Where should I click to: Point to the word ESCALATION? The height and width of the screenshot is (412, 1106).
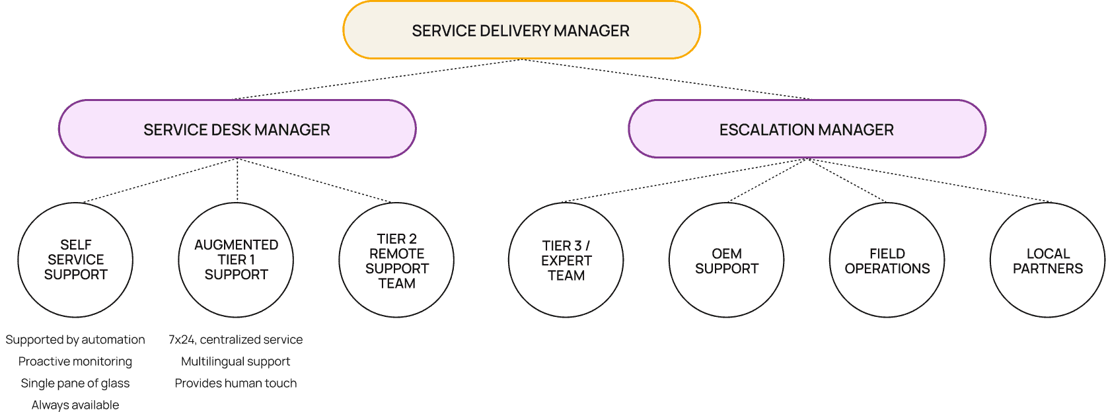click(766, 130)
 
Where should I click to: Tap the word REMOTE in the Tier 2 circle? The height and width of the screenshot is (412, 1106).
click(396, 254)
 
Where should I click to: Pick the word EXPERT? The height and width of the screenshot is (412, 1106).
click(566, 261)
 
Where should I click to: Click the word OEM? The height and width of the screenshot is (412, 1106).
click(726, 254)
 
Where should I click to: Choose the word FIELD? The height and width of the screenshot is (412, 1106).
click(887, 254)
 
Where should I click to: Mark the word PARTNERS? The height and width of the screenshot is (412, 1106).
click(1047, 269)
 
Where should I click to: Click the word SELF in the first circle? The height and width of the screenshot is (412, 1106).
click(75, 245)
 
